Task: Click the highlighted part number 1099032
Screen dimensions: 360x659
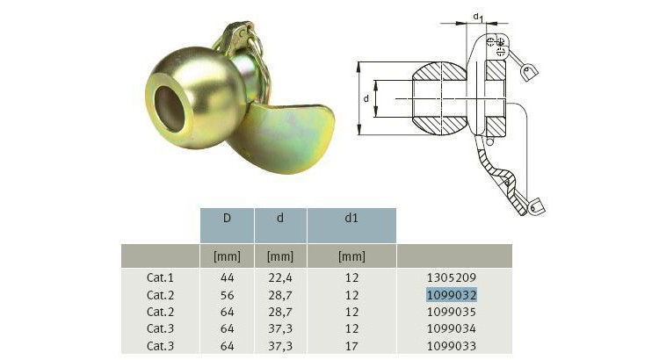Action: (x=452, y=294)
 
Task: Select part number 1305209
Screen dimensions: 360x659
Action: (x=452, y=277)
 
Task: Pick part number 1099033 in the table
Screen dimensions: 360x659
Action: (x=452, y=344)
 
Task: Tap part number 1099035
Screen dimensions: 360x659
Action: (x=452, y=311)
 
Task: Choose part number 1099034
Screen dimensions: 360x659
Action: (x=452, y=328)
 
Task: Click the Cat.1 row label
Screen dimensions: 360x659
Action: (x=160, y=277)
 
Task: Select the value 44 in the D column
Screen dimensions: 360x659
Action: (x=227, y=277)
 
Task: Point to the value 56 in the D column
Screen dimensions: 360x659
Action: (x=227, y=294)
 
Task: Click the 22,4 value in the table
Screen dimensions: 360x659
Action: (x=279, y=277)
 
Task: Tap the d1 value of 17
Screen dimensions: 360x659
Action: (x=351, y=344)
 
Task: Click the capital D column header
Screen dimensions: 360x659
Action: (x=227, y=217)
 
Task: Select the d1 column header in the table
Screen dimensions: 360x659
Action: (x=351, y=217)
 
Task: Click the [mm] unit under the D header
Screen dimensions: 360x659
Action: (x=227, y=256)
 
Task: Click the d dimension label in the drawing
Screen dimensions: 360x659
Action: (x=366, y=98)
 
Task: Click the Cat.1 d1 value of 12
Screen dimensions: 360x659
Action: (x=351, y=277)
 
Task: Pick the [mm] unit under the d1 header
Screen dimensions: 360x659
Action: (x=351, y=256)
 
